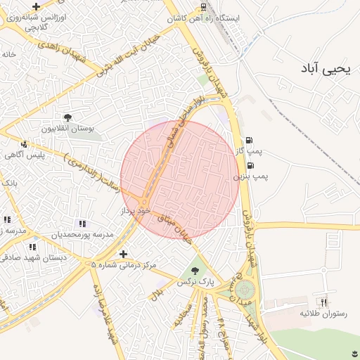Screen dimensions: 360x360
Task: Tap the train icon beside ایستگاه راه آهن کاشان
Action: coord(202,8)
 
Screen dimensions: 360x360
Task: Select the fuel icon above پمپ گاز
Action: coord(249,140)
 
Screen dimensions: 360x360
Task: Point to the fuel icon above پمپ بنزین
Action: coord(250,165)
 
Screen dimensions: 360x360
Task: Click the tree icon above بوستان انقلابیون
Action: coord(68,117)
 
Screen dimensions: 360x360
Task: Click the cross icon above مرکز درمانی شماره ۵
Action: coord(124,254)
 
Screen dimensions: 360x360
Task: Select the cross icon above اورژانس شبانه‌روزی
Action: coord(36,6)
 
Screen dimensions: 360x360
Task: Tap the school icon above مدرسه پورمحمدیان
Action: coord(83,223)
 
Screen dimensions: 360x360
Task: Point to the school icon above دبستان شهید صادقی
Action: coord(32,247)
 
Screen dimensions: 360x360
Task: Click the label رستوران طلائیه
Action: coord(324,312)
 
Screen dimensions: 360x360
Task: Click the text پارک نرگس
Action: coord(195,281)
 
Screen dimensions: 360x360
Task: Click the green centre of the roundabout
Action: coord(244,288)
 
